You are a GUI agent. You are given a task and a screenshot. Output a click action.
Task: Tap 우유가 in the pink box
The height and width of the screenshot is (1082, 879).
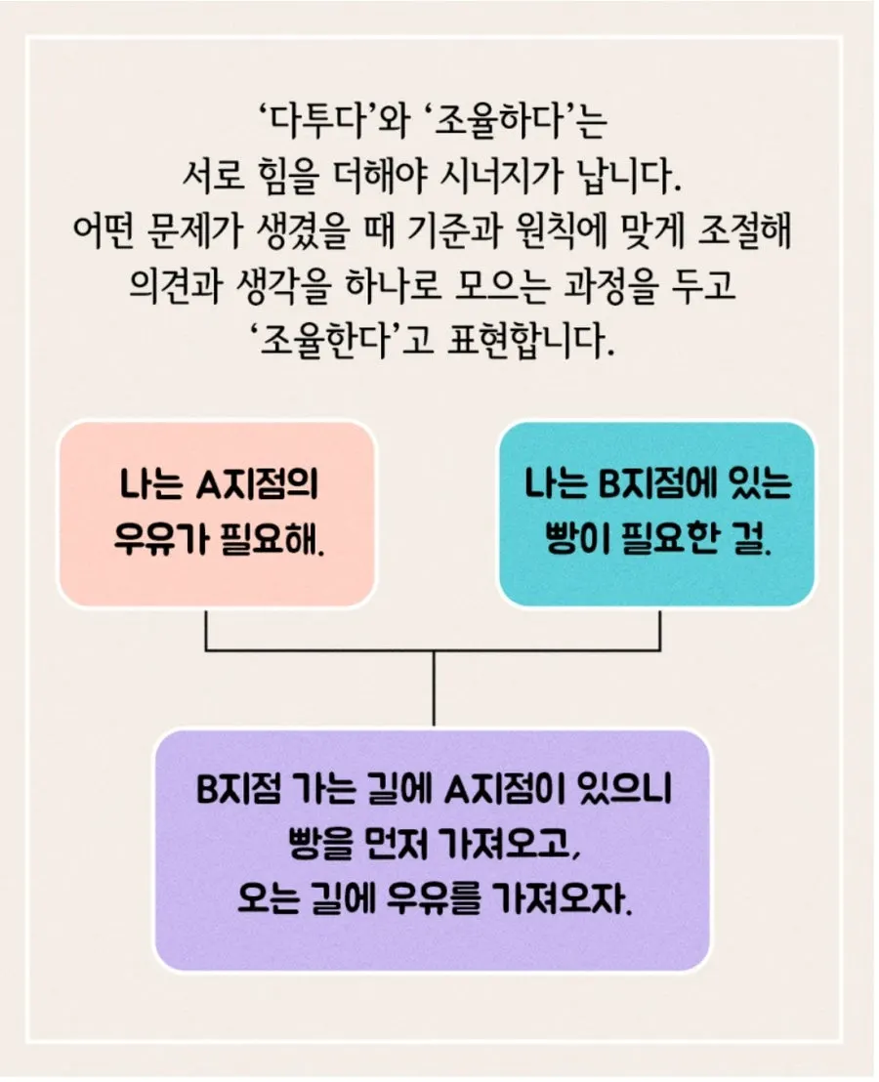tap(159, 538)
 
